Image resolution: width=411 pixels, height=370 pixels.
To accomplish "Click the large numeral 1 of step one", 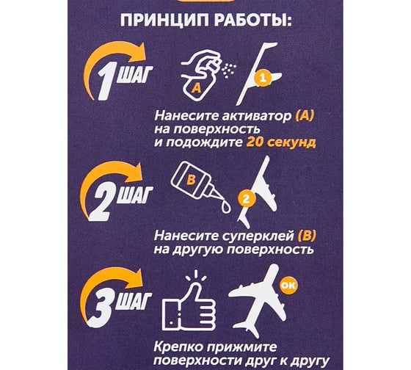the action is (106, 81).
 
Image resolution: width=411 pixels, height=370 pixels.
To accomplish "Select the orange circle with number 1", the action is (263, 79).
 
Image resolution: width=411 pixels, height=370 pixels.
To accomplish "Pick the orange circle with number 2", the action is (246, 199).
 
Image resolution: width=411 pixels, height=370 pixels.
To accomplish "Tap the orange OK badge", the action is (288, 285).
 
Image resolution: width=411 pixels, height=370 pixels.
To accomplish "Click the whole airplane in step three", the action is (257, 301).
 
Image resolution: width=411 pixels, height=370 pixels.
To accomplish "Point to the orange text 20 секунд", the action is (280, 142).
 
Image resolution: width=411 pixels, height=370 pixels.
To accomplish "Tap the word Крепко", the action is (178, 348).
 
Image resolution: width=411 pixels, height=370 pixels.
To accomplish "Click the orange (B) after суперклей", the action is (307, 236).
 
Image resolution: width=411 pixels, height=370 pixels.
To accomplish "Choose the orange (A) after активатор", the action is (304, 115).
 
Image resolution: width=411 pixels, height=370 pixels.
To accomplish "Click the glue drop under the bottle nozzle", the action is (226, 206).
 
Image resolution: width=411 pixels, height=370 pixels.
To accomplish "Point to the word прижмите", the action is (241, 348).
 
